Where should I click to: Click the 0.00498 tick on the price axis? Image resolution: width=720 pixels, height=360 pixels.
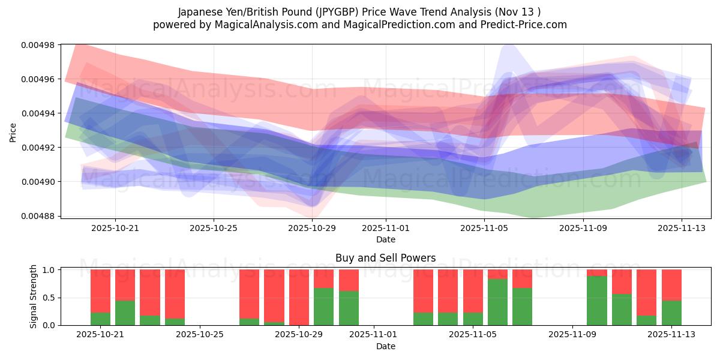38,45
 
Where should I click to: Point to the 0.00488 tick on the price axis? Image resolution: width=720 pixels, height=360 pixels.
38,216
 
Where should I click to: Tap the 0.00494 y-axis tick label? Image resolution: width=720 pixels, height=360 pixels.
38,113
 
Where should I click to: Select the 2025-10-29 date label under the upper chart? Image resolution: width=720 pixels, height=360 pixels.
312,228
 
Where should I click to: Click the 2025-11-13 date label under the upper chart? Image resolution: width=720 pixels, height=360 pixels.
682,228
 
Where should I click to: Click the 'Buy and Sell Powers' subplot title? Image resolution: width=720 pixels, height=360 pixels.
385,258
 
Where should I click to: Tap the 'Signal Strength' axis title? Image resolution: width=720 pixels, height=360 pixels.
34,296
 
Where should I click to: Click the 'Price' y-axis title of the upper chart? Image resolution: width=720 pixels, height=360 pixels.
13,131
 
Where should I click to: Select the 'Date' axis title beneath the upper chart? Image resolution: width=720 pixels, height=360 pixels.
385,239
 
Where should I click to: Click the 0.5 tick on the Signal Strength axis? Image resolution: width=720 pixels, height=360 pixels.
50,298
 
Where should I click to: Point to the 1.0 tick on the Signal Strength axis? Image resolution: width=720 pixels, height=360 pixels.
50,270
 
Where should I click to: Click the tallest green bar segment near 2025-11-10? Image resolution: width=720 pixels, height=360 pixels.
596,301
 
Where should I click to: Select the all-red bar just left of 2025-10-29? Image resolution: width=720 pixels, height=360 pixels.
299,297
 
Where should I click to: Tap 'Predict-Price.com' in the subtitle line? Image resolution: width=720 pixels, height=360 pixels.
527,25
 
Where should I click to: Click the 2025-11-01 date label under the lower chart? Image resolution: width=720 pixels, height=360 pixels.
374,335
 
